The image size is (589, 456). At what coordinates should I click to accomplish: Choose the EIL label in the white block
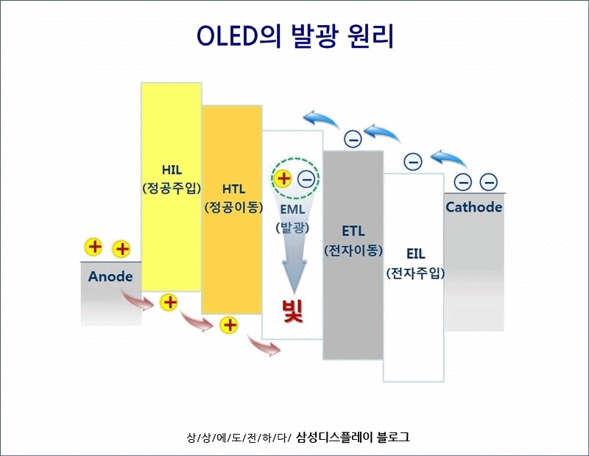coord(415,254)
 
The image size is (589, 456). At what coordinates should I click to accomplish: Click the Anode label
coord(110,277)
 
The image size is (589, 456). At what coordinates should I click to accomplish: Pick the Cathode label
coord(473,207)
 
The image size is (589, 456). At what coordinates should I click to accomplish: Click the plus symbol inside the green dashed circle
coord(283,178)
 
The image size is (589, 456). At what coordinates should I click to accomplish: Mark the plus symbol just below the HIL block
coord(169,301)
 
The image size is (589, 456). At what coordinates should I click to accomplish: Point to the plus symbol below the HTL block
coord(230,324)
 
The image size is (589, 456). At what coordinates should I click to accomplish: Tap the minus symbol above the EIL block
coord(412,161)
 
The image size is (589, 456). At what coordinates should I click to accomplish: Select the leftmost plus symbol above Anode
coord(94,247)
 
